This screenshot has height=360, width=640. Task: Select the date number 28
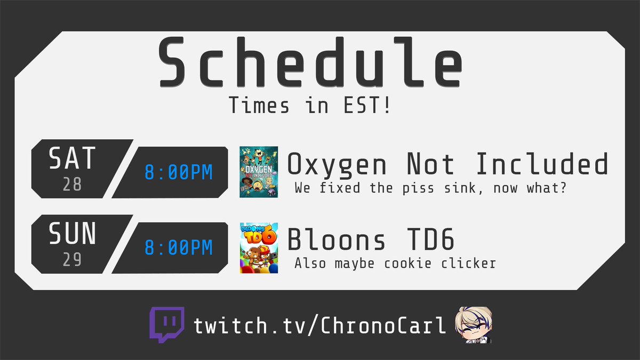point(72,185)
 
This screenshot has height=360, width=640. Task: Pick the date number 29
point(72,259)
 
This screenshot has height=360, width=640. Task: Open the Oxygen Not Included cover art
point(259,172)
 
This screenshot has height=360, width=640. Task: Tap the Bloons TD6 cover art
point(259,247)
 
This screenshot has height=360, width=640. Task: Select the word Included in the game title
point(541,164)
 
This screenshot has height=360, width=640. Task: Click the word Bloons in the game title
point(335,240)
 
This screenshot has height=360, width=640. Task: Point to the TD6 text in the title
point(428,240)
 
